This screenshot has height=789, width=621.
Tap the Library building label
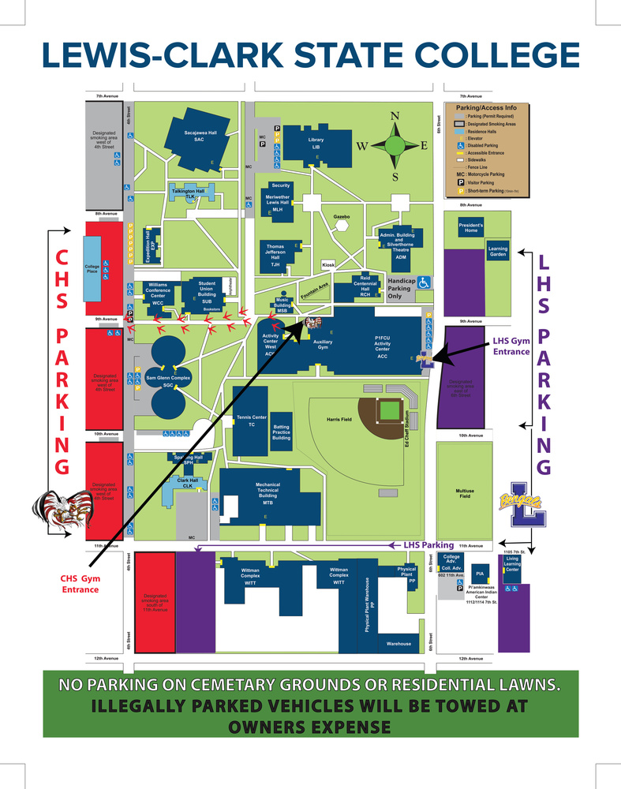[316, 143]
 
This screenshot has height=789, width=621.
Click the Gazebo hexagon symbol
[342, 225]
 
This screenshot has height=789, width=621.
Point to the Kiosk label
[329, 265]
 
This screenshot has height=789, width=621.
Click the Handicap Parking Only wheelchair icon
[424, 282]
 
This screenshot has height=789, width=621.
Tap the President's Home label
[471, 227]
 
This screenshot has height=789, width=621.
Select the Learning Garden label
[498, 252]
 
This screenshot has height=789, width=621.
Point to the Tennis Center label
[252, 420]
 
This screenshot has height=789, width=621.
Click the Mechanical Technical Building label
[267, 492]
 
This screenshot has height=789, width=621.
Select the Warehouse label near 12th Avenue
[398, 644]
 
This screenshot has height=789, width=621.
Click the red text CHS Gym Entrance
[80, 583]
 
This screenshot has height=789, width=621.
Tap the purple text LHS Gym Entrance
[511, 346]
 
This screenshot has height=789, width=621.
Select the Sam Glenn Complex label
[169, 379]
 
